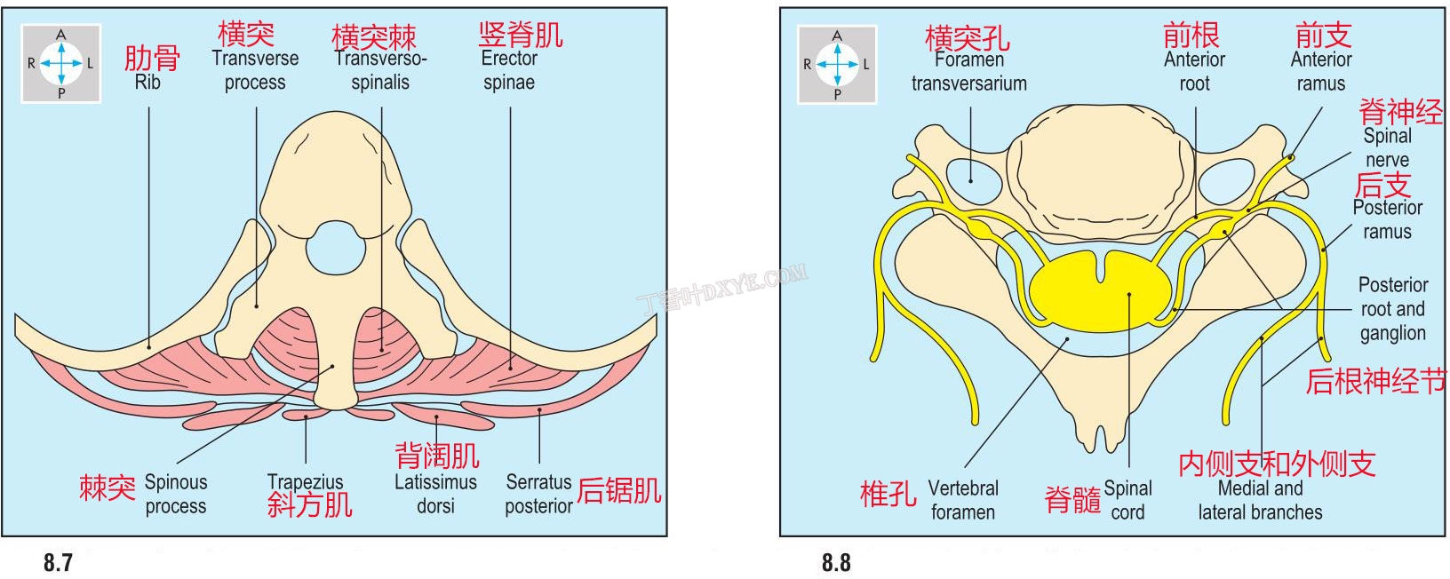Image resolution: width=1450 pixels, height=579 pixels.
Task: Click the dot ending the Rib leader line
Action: (x=149, y=347)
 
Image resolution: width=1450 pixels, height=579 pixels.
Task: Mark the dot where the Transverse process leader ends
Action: (x=257, y=306)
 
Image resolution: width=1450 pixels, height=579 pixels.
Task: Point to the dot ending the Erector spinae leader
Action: (x=510, y=369)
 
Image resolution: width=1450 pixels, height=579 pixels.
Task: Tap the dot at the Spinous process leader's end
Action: (x=332, y=366)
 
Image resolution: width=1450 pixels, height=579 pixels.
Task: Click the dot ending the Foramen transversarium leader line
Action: (x=970, y=181)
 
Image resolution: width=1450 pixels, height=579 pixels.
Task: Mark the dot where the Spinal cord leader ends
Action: (x=1129, y=294)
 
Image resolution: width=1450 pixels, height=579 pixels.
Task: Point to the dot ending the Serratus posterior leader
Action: (x=539, y=409)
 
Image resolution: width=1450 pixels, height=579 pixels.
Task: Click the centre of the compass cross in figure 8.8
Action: (x=837, y=64)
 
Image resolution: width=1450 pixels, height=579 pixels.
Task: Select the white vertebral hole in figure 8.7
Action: (x=336, y=249)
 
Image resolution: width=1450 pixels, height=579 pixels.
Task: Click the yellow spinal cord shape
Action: (x=1101, y=289)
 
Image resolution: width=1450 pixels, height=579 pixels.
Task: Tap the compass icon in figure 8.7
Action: (x=60, y=63)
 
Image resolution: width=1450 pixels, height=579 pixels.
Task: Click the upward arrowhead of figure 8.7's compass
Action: (x=60, y=49)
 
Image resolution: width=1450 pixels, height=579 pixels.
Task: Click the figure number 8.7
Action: (x=58, y=562)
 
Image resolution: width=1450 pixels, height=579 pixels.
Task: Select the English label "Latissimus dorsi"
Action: (x=435, y=494)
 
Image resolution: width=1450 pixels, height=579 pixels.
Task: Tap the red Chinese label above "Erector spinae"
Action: (x=521, y=35)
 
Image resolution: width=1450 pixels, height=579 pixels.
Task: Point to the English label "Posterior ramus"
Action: (x=1387, y=219)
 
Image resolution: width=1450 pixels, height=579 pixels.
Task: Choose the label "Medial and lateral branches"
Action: (x=1261, y=500)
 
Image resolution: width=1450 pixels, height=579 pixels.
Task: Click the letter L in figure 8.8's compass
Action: (x=866, y=65)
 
